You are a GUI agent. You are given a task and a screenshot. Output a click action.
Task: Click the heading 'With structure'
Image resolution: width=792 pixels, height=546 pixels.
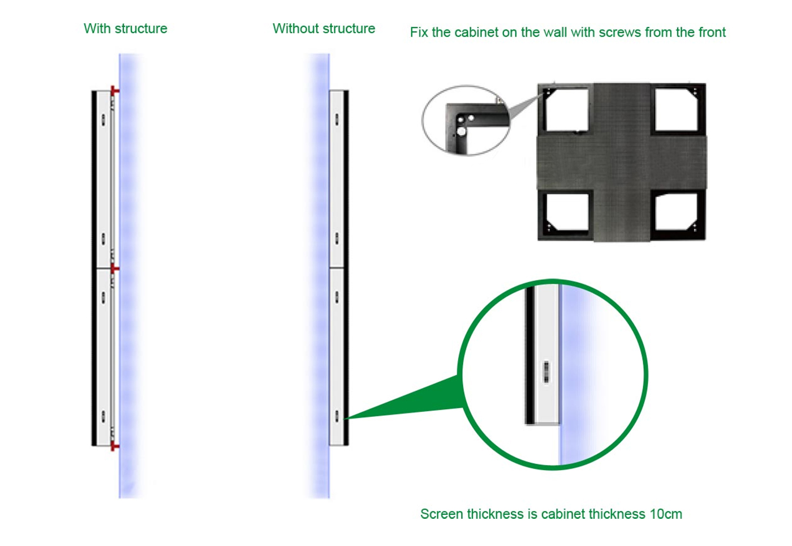125,29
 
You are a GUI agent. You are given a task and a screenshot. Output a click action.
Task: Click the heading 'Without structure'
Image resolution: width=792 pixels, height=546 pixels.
324,29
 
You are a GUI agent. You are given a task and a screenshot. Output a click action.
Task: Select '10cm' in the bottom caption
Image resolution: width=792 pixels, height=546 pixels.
666,514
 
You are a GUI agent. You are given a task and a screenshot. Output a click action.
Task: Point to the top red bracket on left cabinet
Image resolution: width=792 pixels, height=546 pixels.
114,91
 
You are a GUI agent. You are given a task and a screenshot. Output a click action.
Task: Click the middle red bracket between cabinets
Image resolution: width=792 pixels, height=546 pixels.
114,268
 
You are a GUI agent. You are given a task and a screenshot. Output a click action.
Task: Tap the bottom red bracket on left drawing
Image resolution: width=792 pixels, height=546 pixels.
114,446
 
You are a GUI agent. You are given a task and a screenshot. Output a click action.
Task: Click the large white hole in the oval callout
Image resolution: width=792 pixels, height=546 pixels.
461,132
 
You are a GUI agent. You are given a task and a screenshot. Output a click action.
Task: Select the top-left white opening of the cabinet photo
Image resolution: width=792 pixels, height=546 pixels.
567,110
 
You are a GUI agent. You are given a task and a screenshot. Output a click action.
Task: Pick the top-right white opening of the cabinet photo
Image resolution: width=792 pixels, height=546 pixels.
676,110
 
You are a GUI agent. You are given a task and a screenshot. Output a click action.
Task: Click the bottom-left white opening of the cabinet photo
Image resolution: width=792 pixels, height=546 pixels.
567,212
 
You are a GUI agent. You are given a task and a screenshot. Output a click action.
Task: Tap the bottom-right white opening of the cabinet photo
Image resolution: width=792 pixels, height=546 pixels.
676,212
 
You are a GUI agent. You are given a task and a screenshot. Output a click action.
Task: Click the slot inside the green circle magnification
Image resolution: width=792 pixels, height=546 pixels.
546,372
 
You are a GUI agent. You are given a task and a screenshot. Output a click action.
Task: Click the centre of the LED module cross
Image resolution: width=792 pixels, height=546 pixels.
622,162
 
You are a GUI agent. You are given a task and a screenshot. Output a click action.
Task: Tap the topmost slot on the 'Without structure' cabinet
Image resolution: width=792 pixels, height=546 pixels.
337,120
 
